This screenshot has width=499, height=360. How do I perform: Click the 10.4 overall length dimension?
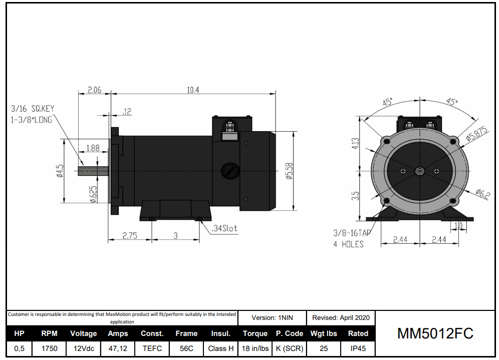click(x=193, y=90)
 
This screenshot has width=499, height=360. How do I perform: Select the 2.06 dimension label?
click(x=94, y=90)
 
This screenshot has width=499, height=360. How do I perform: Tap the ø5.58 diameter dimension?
click(x=289, y=171)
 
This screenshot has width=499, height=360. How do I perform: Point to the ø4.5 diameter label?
click(x=60, y=171)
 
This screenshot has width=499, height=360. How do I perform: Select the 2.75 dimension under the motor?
click(x=130, y=236)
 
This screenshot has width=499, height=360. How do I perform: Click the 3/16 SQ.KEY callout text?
click(x=32, y=108)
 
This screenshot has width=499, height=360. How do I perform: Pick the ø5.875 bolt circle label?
click(x=476, y=133)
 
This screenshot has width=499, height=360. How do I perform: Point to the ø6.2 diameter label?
click(x=482, y=193)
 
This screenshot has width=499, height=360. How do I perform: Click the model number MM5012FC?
click(x=435, y=333)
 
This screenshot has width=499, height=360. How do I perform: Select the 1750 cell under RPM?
click(x=49, y=348)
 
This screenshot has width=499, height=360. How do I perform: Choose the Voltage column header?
click(x=83, y=333)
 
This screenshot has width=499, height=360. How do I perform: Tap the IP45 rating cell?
click(x=358, y=348)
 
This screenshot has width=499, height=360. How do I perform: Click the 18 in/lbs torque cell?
click(x=255, y=348)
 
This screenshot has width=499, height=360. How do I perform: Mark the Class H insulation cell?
click(x=220, y=348)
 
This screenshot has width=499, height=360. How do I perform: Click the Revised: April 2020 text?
click(x=341, y=317)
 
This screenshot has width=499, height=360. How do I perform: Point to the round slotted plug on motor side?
click(x=229, y=170)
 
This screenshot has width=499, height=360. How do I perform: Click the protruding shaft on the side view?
click(x=93, y=171)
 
